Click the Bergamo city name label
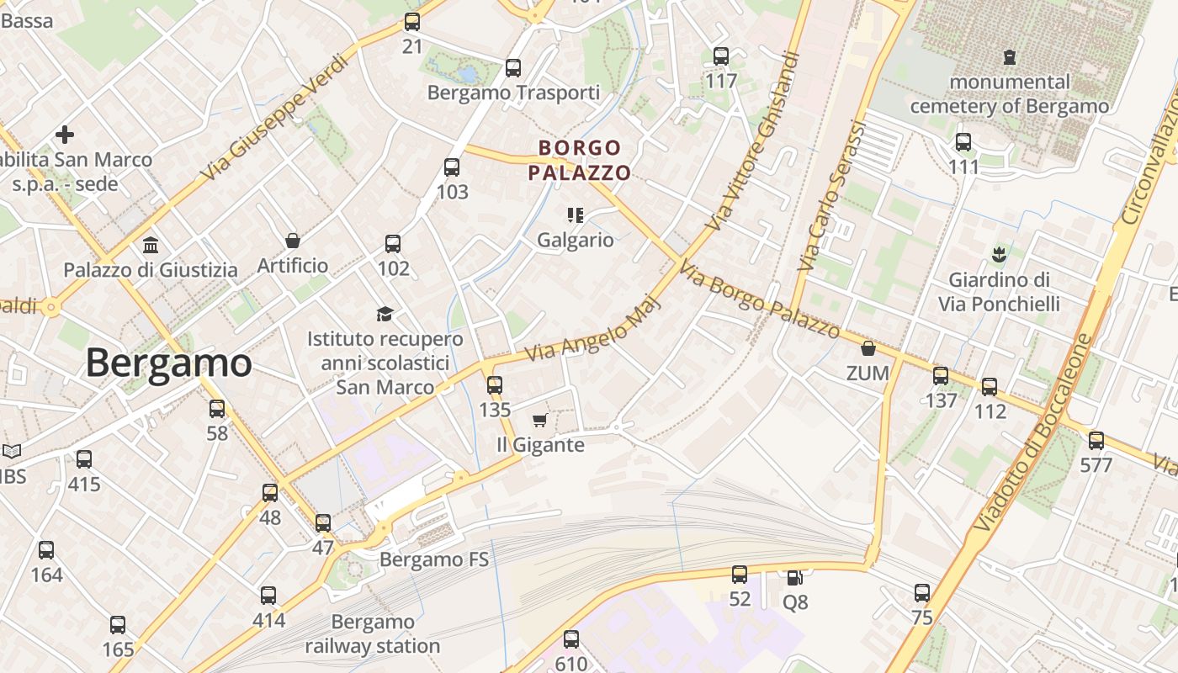tap(168, 363)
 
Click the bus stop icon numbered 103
tap(452, 167)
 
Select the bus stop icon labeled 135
tap(495, 385)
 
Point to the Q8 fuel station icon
tap(794, 577)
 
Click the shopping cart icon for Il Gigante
tap(539, 420)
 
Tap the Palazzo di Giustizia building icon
tap(151, 246)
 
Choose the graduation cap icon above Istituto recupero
tap(385, 314)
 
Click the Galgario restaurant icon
tap(576, 215)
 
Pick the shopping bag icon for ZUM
tap(868, 348)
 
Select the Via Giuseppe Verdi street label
tap(274, 118)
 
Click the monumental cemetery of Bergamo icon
tap(1009, 57)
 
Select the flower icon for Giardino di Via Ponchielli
tap(999, 253)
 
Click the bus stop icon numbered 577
tap(1096, 440)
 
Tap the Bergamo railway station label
tap(372, 634)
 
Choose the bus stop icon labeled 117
tap(721, 56)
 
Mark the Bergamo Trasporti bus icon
tap(512, 68)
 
